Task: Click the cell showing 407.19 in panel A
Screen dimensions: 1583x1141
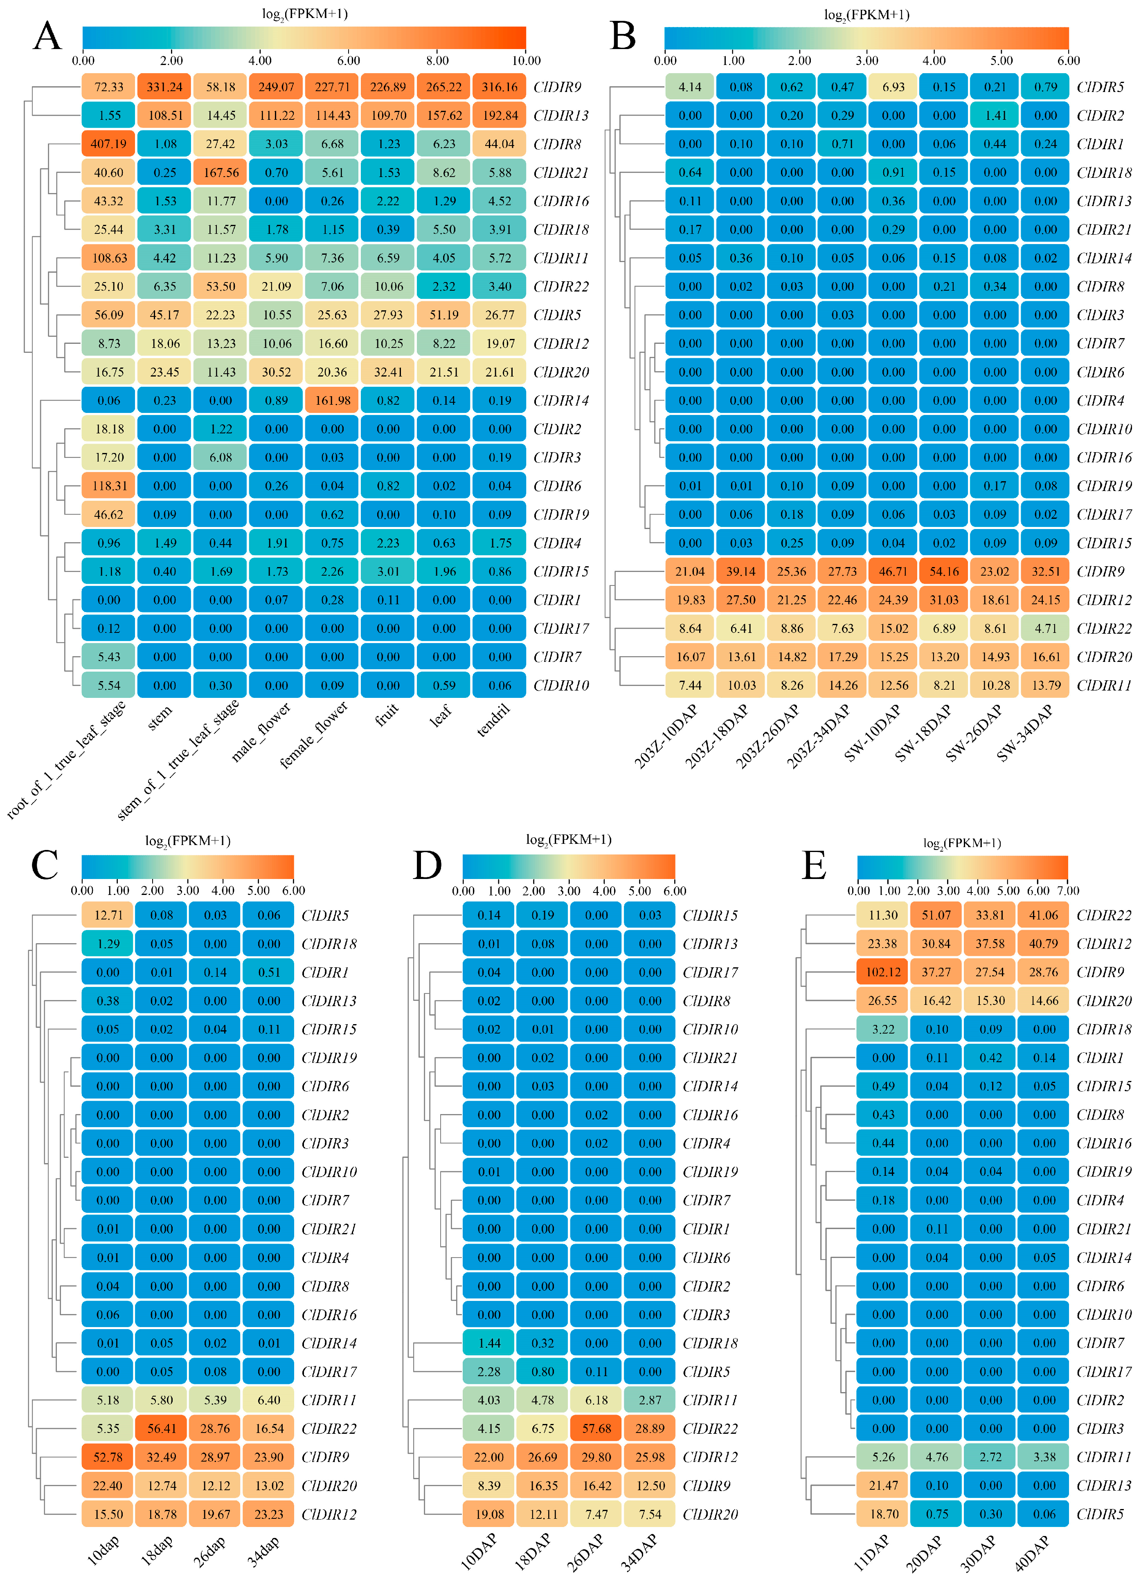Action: (x=109, y=144)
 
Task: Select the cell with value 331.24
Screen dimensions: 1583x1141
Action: (x=165, y=87)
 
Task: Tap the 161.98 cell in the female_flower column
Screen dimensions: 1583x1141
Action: (x=332, y=401)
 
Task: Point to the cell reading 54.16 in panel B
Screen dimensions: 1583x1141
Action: (x=944, y=572)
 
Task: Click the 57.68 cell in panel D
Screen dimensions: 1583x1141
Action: (x=596, y=1429)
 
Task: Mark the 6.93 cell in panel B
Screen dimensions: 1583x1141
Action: (x=893, y=87)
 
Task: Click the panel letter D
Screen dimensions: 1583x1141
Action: (x=428, y=865)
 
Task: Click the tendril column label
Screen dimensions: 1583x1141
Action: (x=494, y=720)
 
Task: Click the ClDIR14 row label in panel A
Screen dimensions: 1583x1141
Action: (x=561, y=401)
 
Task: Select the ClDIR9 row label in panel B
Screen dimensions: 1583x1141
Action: (x=1100, y=572)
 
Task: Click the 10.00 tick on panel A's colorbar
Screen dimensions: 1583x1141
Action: (x=526, y=61)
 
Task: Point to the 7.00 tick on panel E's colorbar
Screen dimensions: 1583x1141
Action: (x=1068, y=890)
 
